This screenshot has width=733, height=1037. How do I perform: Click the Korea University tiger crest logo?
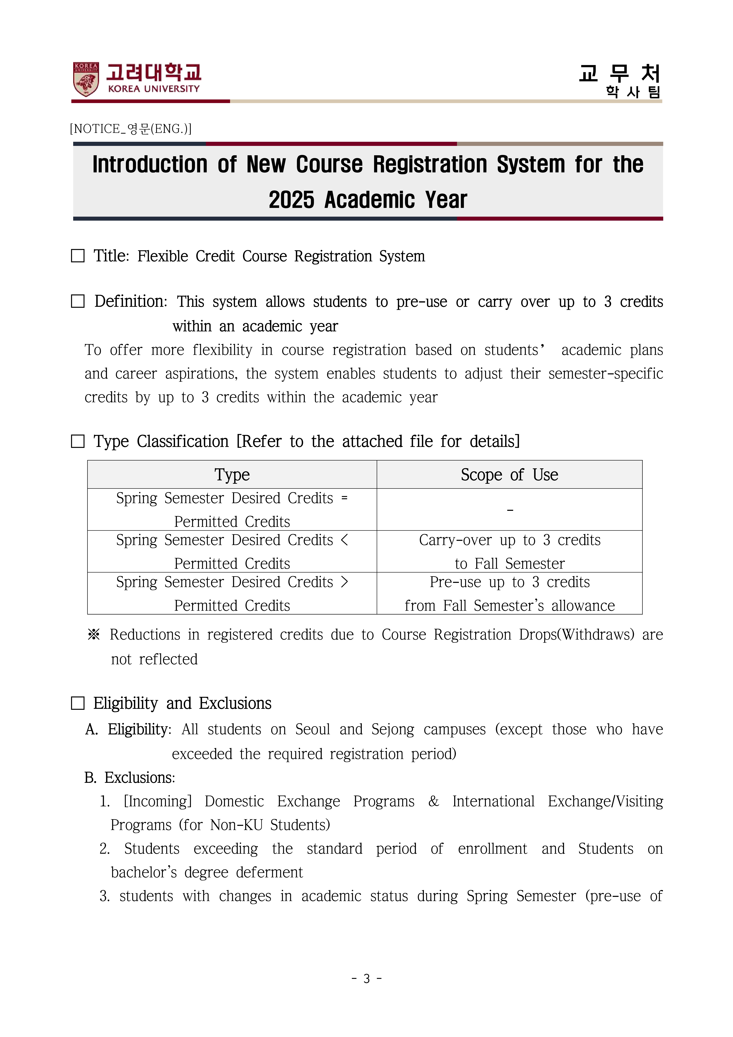point(86,79)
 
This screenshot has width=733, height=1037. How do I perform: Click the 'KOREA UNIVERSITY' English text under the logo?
point(153,89)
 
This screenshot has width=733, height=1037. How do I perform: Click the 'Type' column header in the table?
point(232,475)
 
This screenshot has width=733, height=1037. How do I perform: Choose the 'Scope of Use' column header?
point(509,475)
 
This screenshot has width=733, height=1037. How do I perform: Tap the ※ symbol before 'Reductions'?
point(94,635)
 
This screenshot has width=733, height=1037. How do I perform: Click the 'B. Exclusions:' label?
point(130,778)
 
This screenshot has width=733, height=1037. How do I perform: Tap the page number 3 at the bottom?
point(366,979)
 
